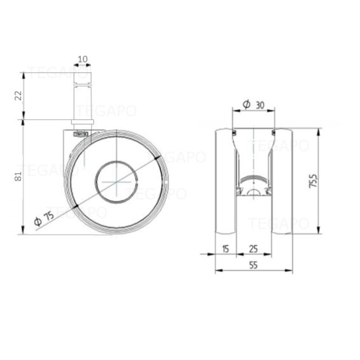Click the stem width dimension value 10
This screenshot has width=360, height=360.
(x=82, y=59)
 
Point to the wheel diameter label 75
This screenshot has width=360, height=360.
(x=48, y=216)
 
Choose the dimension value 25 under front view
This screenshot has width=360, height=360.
(x=253, y=249)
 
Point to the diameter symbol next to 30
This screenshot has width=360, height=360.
(x=247, y=105)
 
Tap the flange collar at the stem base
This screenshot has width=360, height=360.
(x=82, y=122)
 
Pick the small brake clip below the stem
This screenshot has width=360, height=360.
(x=80, y=134)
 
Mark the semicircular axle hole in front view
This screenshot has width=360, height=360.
(x=254, y=193)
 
